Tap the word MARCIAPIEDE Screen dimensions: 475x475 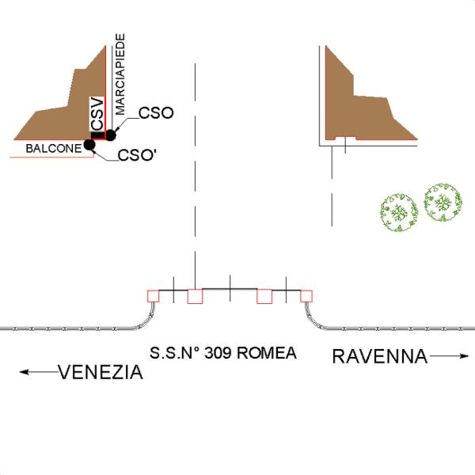(120, 77)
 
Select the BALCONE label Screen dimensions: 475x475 (53, 148)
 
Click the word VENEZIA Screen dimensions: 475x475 (101, 372)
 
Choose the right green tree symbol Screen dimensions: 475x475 (442, 203)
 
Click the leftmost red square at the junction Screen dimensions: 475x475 (154, 296)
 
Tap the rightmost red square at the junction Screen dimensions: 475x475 (306, 296)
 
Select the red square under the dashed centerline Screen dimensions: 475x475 (195, 296)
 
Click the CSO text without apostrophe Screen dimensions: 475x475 (155, 113)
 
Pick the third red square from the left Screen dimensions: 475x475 (264, 296)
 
